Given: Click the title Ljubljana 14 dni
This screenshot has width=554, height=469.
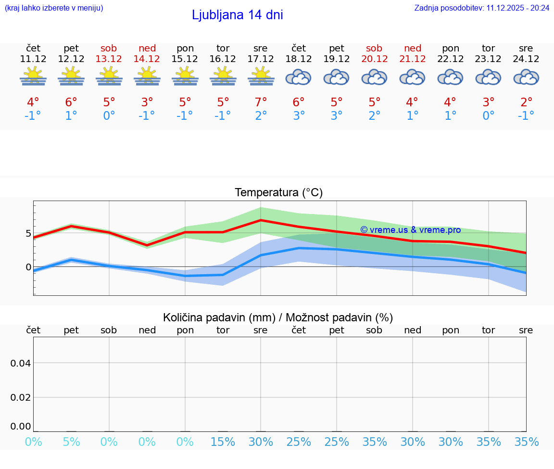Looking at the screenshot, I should click(237, 15).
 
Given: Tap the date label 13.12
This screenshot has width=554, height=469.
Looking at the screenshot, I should click(109, 59).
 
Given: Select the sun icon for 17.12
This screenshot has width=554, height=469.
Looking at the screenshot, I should click(261, 76).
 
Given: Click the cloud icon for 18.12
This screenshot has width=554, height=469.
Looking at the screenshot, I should click(299, 77).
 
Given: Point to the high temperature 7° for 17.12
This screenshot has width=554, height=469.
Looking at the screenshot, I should click(261, 102).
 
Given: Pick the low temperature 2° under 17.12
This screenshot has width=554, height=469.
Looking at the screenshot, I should click(261, 115).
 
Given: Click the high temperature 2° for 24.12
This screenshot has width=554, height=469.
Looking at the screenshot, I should click(526, 102).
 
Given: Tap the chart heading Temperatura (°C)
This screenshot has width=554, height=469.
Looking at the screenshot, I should click(278, 192).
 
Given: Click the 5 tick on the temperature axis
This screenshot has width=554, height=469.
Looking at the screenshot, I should click(28, 234).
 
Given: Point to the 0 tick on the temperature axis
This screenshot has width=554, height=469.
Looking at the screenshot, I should click(28, 267).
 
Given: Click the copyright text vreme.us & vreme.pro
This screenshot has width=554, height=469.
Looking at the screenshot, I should click(410, 230).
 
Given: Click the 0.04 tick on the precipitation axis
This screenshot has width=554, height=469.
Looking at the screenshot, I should click(21, 363).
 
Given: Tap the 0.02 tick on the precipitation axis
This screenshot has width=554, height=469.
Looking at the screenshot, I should click(21, 397).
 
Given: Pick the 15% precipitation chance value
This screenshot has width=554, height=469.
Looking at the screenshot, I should click(223, 442).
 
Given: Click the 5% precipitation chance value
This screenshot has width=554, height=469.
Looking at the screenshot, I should click(71, 442).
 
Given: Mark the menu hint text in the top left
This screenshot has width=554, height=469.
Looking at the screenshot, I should click(53, 8).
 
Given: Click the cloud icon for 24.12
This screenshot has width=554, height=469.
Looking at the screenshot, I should click(526, 77).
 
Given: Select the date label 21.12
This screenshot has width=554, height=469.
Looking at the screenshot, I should click(412, 59).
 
